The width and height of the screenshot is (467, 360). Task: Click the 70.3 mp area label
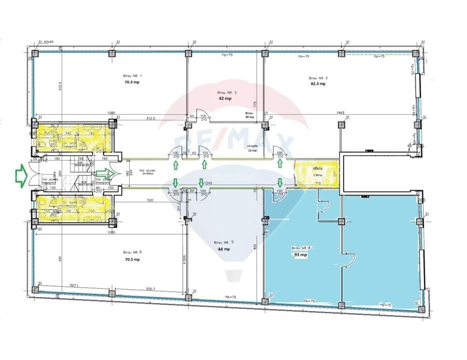(132, 82)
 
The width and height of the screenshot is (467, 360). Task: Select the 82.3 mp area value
(319, 84)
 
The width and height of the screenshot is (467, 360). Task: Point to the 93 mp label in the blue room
(300, 254)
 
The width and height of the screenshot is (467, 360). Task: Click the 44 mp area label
(224, 249)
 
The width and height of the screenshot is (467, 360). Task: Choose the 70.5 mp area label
(132, 260)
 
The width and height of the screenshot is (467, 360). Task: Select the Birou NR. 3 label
(318, 78)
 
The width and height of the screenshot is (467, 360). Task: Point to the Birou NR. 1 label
(132, 76)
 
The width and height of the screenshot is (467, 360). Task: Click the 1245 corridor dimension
(208, 183)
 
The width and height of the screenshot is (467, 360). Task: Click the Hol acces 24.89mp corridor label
(147, 172)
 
